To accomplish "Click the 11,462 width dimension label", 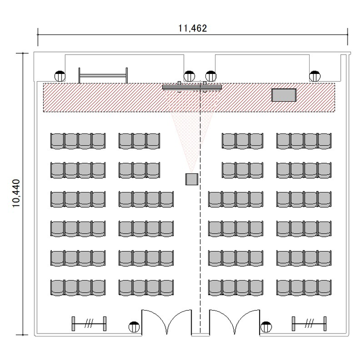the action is pyautogui.click(x=192, y=28).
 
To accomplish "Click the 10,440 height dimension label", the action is pyautogui.click(x=16, y=193).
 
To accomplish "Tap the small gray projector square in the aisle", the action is pyautogui.click(x=192, y=180).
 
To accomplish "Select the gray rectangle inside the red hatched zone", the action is pyautogui.click(x=284, y=95).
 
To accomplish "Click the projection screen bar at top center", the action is pyautogui.click(x=192, y=87).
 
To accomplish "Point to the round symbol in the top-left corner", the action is pyautogui.click(x=60, y=76).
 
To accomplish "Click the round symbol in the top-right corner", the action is pyautogui.click(x=314, y=76).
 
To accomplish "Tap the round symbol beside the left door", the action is pyautogui.click(x=134, y=327).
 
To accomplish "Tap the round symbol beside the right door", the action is pyautogui.click(x=266, y=327).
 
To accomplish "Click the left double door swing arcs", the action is pyautogui.click(x=167, y=322).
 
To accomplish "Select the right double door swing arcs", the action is pyautogui.click(x=235, y=322).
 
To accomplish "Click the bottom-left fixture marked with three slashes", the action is pyautogui.click(x=89, y=324).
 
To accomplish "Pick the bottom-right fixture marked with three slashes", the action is pyautogui.click(x=309, y=324).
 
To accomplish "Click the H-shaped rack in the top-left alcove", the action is pyautogui.click(x=103, y=75).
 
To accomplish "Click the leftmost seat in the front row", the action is pyautogui.click(x=57, y=141).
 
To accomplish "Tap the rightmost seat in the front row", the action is pyautogui.click(x=324, y=141).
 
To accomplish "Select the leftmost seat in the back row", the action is pyautogui.click(x=57, y=288).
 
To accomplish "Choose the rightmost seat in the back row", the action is pyautogui.click(x=324, y=288).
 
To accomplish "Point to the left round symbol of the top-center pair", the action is pyautogui.click(x=189, y=76).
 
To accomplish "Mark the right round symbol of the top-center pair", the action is pyautogui.click(x=211, y=76).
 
